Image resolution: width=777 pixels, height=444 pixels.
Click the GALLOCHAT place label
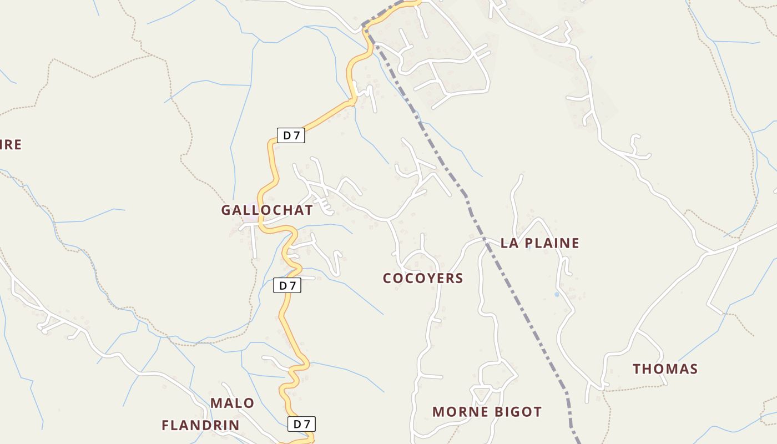266,210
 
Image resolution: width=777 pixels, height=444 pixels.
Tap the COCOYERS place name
423,278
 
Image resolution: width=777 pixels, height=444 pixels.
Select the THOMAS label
665,369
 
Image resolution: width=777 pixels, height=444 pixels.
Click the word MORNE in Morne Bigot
458,412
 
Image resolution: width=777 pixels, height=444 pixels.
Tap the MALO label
232,403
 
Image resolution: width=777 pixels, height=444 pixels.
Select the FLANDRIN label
200,426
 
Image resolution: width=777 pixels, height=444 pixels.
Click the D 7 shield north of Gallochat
291,135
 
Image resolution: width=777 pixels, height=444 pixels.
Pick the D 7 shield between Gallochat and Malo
287,286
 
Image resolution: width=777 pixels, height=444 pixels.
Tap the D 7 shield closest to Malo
301,424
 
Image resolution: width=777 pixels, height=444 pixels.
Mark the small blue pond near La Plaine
556,294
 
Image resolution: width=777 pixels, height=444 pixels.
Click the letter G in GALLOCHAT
226,210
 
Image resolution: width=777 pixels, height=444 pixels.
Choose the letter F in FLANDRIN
165,426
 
